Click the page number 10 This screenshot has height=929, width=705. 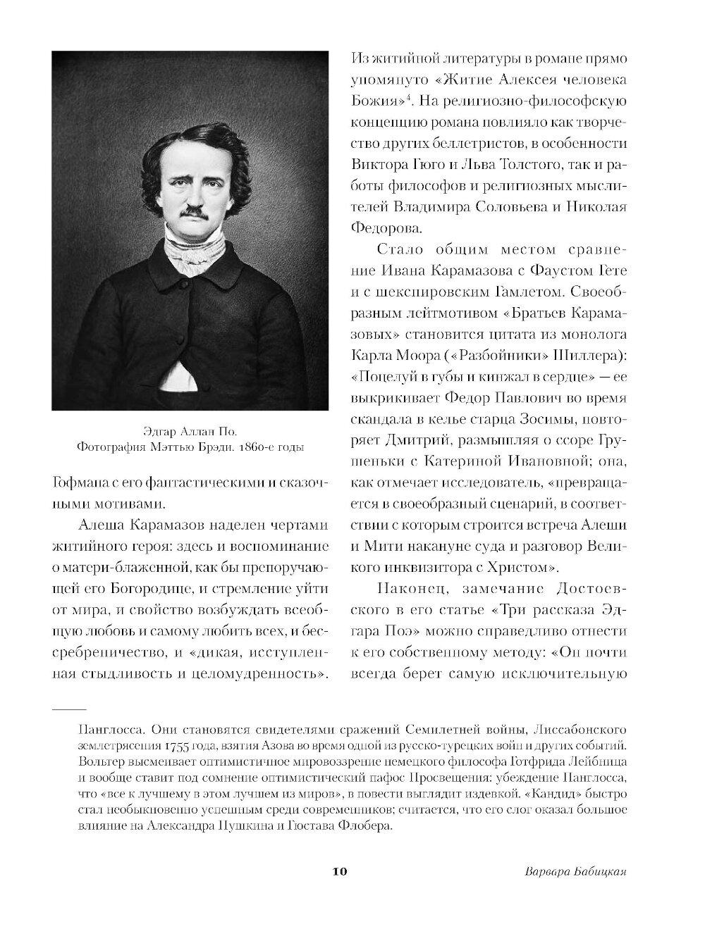click(339, 871)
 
